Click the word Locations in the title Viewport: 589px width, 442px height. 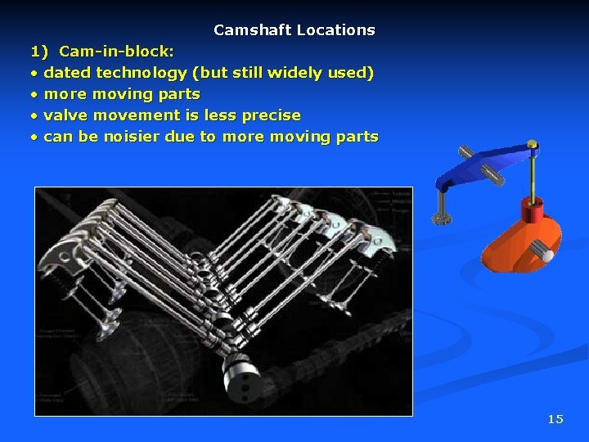[335, 30]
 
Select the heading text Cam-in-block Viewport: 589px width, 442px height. [116, 52]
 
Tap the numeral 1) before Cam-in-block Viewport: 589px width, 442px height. [40, 52]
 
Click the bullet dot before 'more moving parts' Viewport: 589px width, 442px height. [34, 94]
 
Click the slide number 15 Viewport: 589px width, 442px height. [555, 419]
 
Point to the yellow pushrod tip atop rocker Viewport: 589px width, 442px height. [533, 145]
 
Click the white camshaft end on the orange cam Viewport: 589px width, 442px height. [546, 255]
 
